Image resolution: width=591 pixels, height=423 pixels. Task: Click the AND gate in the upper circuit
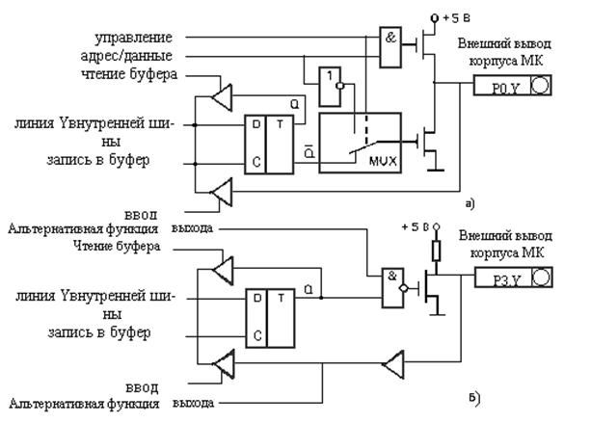[x=390, y=50]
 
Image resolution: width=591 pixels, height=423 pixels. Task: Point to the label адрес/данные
[x=130, y=56]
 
